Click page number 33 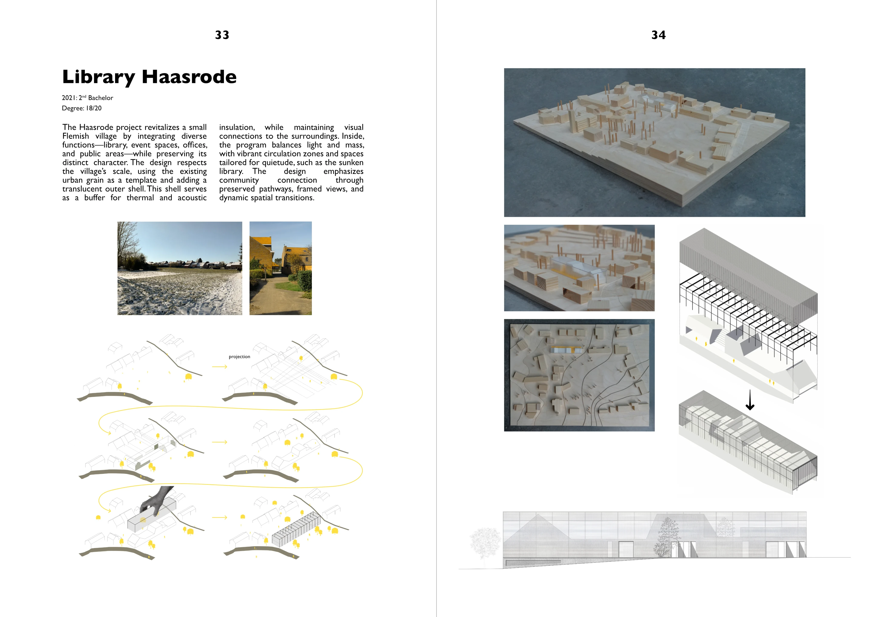tap(222, 35)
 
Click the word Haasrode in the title tap(189, 77)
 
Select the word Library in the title tap(98, 77)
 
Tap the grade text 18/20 tap(94, 108)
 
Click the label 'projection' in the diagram tap(239, 357)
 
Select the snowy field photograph tap(179, 268)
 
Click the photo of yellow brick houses tap(280, 268)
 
